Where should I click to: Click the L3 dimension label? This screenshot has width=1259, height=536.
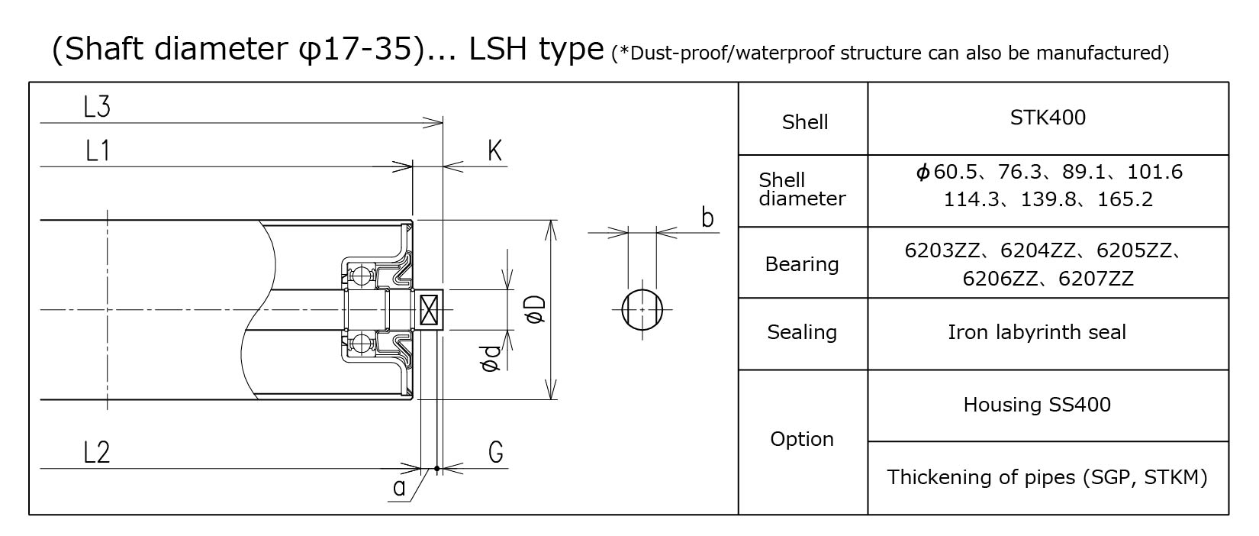(97, 108)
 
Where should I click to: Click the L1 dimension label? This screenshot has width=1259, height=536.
(97, 151)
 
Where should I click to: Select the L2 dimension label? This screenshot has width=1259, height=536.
(97, 453)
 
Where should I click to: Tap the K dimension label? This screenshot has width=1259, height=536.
(494, 151)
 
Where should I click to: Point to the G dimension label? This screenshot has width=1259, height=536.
(495, 452)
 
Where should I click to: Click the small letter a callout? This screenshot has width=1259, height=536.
(399, 488)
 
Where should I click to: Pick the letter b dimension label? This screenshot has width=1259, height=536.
(707, 218)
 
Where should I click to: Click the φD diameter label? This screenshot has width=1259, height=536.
(536, 308)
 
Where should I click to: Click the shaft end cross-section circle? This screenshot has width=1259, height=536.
(642, 310)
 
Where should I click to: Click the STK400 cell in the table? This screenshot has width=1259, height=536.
(1047, 118)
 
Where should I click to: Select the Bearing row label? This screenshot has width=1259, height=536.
(801, 264)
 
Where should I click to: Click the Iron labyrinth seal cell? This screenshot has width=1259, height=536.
(1036, 332)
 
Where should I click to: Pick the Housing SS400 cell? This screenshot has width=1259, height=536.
(1036, 405)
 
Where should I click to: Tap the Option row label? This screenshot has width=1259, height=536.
(801, 439)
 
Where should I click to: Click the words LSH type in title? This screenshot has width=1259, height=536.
(536, 49)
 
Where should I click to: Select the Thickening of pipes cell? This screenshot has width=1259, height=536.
(1047, 478)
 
